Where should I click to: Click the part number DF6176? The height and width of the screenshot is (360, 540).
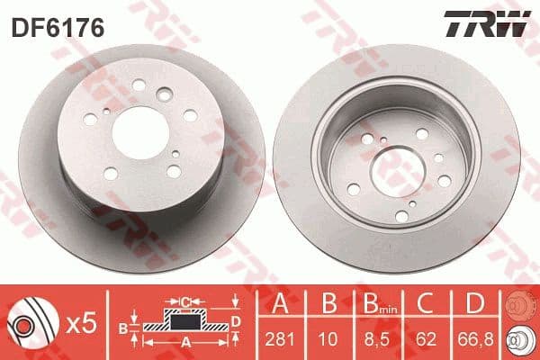(x=58, y=28)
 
